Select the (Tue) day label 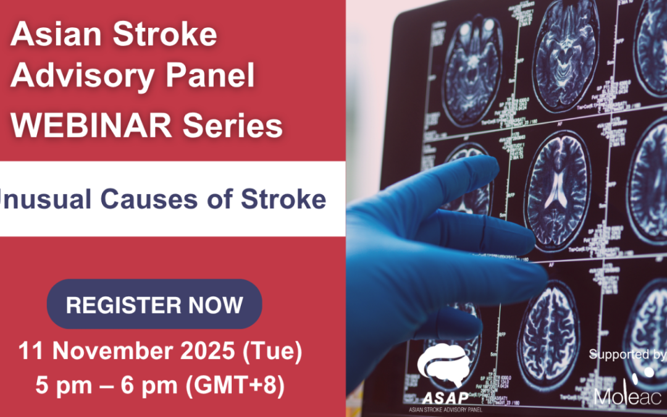tap(271, 352)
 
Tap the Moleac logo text tap(624, 394)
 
